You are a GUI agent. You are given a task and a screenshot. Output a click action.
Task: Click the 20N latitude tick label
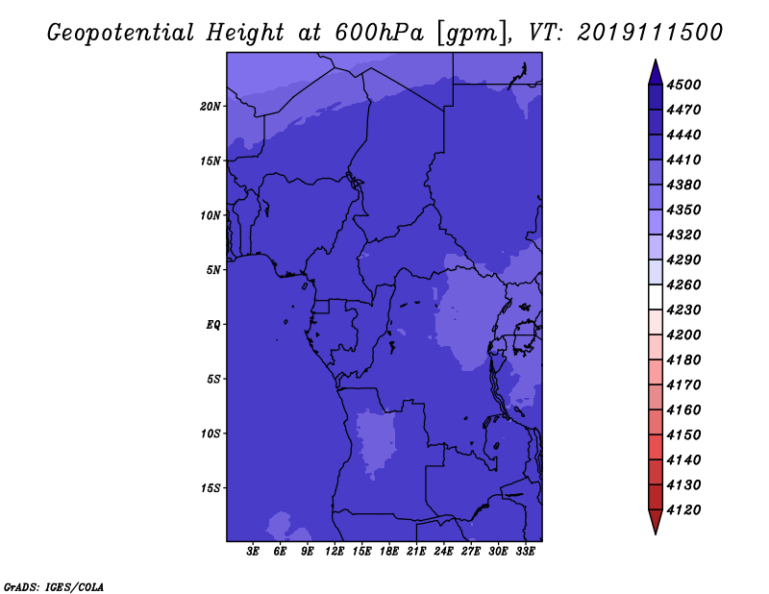[x=211, y=107]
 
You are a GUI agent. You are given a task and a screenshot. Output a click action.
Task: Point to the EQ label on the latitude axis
[x=213, y=325]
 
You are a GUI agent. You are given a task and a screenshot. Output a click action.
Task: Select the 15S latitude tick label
[x=211, y=488]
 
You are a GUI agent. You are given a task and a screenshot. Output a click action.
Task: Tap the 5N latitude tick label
[x=213, y=270]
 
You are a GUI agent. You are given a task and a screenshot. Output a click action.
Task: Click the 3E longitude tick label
[x=253, y=551]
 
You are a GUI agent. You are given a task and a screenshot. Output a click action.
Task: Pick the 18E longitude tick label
[x=389, y=551]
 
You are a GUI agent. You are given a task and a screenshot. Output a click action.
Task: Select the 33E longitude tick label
[x=525, y=551]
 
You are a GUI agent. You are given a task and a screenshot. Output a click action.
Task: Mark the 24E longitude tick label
[x=443, y=551]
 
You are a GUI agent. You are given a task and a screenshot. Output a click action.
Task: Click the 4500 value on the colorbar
[x=683, y=85]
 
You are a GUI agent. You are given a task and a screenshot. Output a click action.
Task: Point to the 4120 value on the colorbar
[x=683, y=510]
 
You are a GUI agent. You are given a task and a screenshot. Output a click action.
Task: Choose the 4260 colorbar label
[x=683, y=285]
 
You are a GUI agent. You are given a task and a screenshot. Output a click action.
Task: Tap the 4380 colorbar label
[x=683, y=185]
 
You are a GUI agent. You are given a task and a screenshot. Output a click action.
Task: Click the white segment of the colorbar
[x=656, y=297]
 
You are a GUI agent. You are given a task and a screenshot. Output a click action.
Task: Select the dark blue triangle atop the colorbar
[x=656, y=73]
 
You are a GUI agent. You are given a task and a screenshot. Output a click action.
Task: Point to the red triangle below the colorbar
[x=656, y=522]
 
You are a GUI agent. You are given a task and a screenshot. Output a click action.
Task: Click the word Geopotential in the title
[x=121, y=33]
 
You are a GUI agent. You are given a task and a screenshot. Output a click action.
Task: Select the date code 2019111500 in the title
[x=650, y=33]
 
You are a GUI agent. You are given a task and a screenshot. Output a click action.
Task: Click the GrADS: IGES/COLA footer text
[x=54, y=587]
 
